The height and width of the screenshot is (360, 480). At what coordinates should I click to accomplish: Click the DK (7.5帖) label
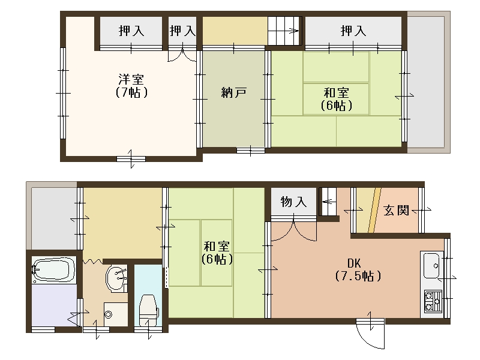357,270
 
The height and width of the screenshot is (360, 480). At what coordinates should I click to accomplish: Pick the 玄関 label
397,211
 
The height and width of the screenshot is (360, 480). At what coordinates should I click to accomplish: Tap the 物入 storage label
294,202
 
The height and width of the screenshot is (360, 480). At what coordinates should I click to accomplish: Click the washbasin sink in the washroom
115,278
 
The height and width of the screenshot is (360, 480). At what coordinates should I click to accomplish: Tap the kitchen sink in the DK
431,265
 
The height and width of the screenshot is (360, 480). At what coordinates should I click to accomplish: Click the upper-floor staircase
284,31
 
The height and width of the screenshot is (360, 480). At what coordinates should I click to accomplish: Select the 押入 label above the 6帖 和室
353,31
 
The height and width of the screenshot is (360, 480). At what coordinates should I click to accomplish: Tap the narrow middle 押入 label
182,31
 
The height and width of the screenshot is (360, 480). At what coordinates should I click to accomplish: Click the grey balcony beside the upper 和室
427,82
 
